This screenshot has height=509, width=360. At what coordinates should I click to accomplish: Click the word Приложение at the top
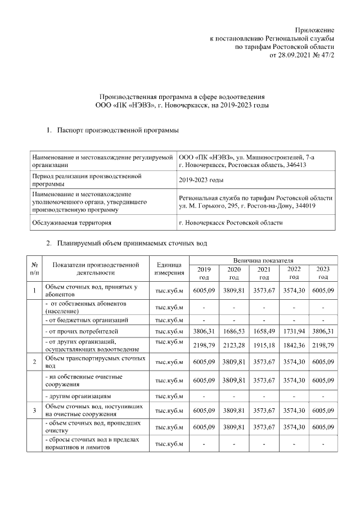pos(315,30)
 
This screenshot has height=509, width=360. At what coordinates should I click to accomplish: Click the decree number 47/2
pos(326,56)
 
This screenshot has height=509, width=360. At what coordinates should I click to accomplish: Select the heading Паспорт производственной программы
pos(118,131)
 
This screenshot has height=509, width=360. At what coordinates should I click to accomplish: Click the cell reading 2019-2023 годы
pos(200,180)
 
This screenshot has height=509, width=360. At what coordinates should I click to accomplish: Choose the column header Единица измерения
pos(169,269)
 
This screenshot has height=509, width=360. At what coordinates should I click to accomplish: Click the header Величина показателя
pos(264,261)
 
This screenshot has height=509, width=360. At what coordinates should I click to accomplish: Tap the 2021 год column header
pos(264,273)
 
